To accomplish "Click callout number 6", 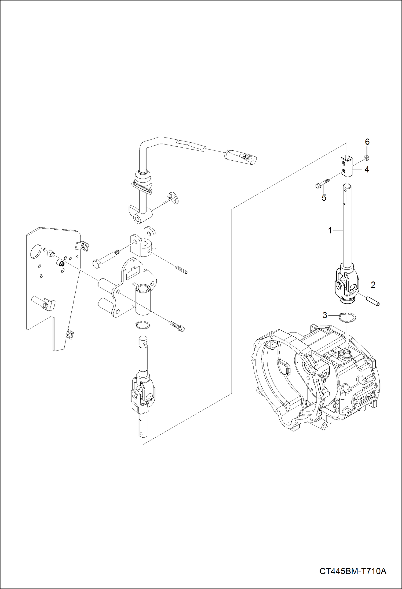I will pos(367,142).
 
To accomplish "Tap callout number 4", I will pos(367,169).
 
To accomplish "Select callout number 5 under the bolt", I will pos(324,198).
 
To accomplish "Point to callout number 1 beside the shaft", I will pos(330,230).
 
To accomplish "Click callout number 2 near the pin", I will pos(373,285).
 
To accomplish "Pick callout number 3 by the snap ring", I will pos(325,315).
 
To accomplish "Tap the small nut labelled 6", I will pos(366,157).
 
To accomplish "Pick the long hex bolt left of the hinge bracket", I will pos(105,258).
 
